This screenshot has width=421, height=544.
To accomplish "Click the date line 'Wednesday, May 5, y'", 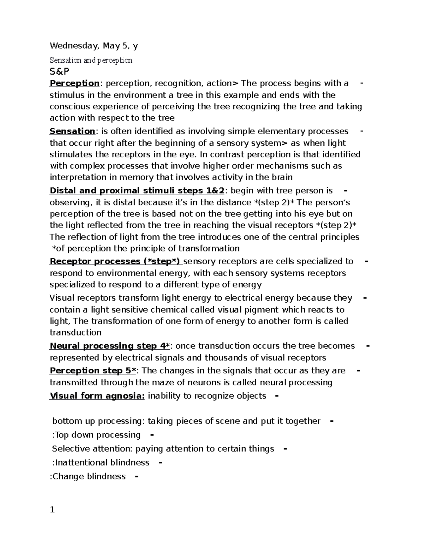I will coord(94,46).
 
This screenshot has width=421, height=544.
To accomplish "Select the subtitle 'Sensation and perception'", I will coord(91,60).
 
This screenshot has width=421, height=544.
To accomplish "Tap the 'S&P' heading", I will coord(59,71).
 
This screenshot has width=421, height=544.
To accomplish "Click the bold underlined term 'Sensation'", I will coord(72,131).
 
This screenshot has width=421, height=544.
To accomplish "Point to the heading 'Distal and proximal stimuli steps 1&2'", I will coord(137,191).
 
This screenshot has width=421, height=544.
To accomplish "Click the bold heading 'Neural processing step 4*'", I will coord(110,346).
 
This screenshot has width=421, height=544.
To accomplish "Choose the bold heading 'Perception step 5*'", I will coord(93,371).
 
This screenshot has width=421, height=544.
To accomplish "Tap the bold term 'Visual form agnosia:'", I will coord(97,396).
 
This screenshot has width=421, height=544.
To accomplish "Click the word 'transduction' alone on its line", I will coord(75,333).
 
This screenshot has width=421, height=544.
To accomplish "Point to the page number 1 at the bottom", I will coord(52,510).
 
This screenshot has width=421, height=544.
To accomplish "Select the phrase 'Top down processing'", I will coord(97,435).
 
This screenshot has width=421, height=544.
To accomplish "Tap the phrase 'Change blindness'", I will coord(89,477).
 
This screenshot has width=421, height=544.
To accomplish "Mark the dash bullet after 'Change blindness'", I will coord(136,477).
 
